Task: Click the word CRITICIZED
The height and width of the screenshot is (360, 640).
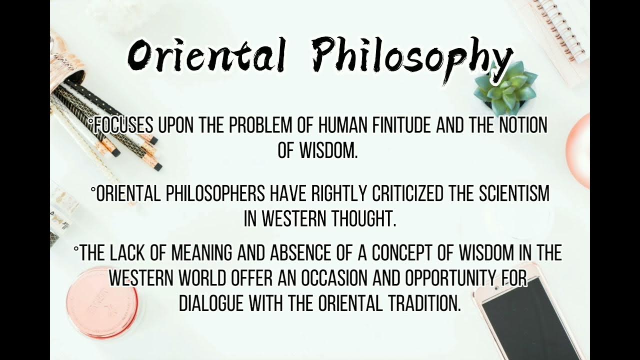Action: tap(405, 194)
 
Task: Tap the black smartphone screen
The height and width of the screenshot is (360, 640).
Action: tap(530, 320)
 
